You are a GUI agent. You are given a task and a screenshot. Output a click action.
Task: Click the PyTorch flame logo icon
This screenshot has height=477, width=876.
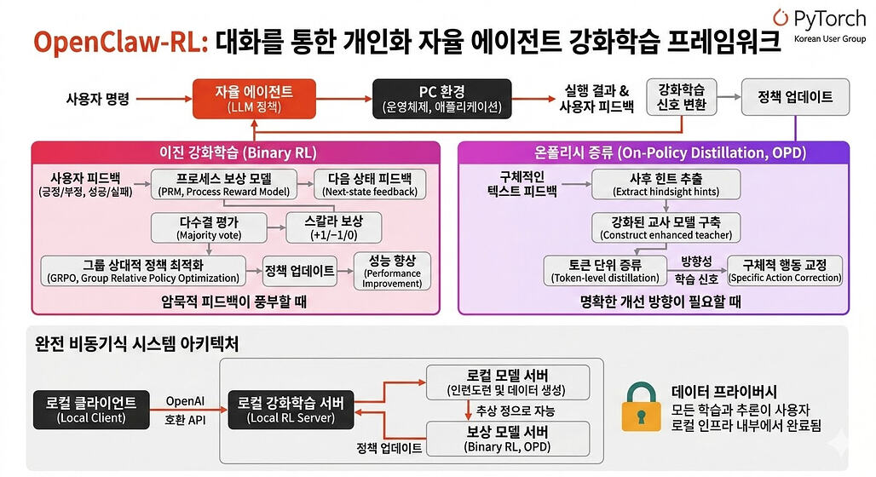[x=781, y=18]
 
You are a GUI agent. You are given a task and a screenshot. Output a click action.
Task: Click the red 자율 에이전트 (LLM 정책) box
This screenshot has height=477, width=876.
[x=254, y=98]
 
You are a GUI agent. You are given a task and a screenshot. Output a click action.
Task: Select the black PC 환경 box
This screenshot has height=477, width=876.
[x=441, y=98]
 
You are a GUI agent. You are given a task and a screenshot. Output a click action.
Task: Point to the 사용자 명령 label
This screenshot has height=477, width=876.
[x=97, y=99]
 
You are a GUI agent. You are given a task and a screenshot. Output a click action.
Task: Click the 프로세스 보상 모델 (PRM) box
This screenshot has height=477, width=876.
[x=224, y=184]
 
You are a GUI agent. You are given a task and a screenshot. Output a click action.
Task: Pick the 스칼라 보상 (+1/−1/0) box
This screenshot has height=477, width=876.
[x=332, y=227]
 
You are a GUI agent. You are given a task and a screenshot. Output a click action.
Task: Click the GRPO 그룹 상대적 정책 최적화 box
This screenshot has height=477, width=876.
[x=141, y=272]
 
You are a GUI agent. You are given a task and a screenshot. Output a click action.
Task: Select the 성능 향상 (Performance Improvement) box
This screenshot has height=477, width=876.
[x=392, y=272]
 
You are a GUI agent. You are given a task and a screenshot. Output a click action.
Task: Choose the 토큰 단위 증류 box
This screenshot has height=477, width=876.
[x=605, y=271]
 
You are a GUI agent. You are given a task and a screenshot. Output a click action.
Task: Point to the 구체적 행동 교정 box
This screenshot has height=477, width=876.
[x=784, y=271]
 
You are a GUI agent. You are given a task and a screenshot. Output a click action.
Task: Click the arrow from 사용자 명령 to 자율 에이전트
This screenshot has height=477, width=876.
[x=163, y=99]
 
